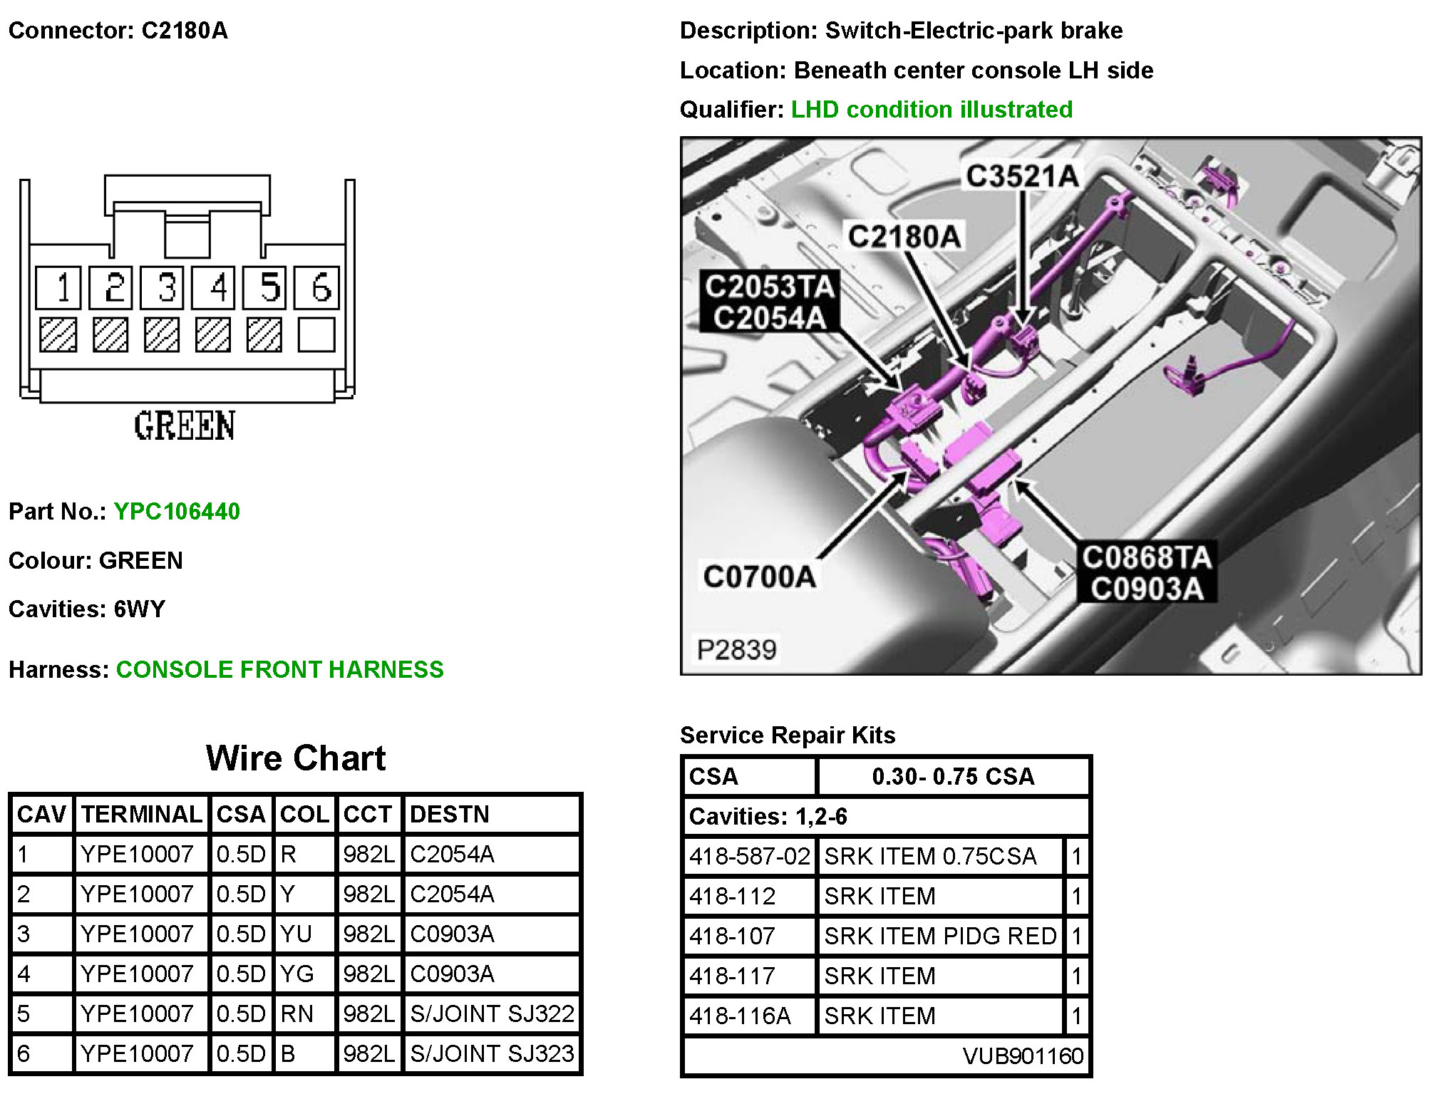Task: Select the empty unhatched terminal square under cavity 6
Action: [x=316, y=334]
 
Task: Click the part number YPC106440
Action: [x=177, y=511]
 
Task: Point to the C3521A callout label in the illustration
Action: [x=1021, y=176]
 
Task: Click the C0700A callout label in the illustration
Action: [x=759, y=577]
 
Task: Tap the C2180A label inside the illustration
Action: [x=904, y=236]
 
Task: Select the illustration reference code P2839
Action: [x=736, y=649]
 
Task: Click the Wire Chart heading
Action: [x=296, y=758]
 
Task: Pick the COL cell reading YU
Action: [x=296, y=934]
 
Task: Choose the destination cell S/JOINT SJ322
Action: [x=492, y=1013]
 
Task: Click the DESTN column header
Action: [x=450, y=814]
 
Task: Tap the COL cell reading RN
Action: [x=296, y=1013]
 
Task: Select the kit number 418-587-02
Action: [x=749, y=856]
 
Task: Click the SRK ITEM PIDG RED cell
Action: [x=940, y=936]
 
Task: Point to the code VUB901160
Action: [x=1022, y=1056]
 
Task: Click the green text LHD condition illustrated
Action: [x=932, y=109]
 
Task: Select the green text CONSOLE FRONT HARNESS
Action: [x=279, y=669]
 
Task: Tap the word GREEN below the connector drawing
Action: [x=185, y=426]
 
